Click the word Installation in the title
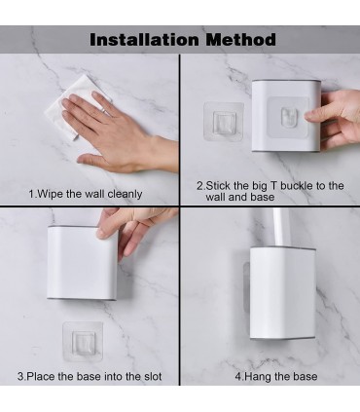(144, 40)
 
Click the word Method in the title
(240, 40)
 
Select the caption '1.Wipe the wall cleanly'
(86, 194)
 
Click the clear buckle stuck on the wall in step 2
(224, 122)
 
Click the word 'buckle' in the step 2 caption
(297, 186)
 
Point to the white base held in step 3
(83, 263)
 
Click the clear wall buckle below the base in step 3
(83, 341)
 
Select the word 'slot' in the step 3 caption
(153, 377)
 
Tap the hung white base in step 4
(282, 294)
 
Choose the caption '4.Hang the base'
(276, 377)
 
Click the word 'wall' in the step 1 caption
(94, 194)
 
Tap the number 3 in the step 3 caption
(20, 377)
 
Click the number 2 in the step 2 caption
(200, 186)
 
